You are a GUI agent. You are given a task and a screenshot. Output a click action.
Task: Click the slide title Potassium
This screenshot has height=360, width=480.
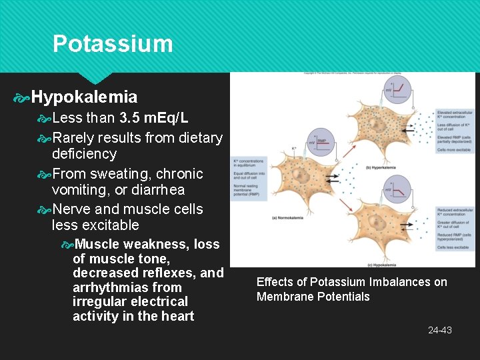[113, 44]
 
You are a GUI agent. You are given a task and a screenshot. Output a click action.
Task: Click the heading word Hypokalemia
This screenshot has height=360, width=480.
[84, 97]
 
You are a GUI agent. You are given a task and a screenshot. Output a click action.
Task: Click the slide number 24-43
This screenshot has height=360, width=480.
[439, 330]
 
